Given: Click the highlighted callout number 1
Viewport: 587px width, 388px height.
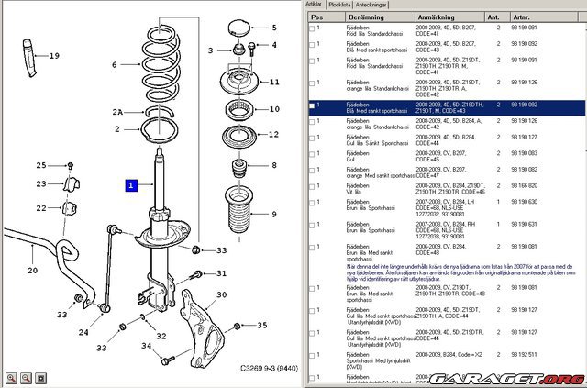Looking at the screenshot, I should [132, 184].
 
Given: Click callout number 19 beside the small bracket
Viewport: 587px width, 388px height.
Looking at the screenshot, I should [54, 56].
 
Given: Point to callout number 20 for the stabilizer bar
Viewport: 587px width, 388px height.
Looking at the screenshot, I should [32, 271].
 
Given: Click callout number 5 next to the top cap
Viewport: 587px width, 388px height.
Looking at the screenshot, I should [273, 28].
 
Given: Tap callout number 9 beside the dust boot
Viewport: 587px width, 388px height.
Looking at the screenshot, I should [272, 215].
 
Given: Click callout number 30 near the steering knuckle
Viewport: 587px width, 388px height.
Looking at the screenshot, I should [220, 269].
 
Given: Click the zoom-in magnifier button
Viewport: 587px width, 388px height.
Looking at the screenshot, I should [11, 377].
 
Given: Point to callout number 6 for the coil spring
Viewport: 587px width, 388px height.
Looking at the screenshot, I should [115, 65].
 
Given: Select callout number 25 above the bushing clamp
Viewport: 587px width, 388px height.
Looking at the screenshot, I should [40, 165].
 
